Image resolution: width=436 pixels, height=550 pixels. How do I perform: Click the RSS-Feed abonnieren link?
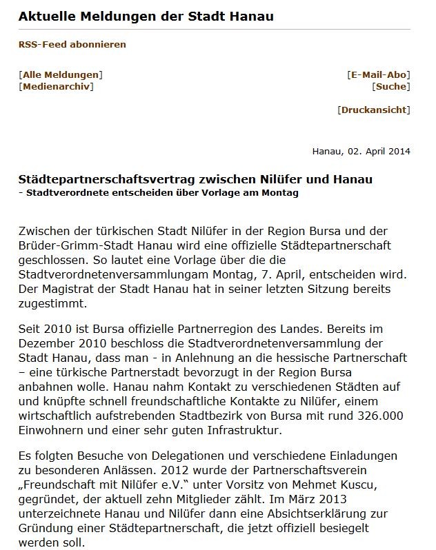click(72, 44)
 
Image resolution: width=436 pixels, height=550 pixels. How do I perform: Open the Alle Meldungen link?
click(61, 74)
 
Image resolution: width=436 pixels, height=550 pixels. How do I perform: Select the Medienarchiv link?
click(57, 87)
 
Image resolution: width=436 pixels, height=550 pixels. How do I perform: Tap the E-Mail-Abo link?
click(379, 74)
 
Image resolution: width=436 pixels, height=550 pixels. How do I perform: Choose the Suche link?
click(390, 87)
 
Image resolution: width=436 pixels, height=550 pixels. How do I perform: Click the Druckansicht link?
click(374, 110)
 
